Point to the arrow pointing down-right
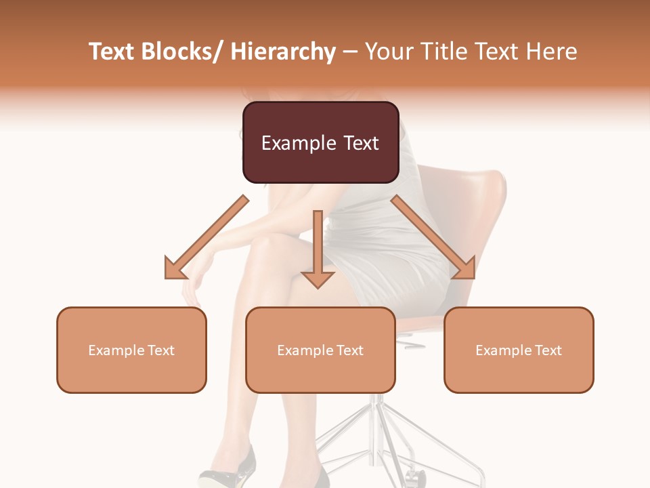(x=433, y=237)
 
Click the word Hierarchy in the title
(x=283, y=52)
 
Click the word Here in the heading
(x=552, y=52)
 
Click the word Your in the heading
(x=388, y=52)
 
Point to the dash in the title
(x=350, y=52)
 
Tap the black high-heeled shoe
(x=230, y=468)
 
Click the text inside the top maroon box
(x=320, y=143)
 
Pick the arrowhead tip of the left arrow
(x=169, y=274)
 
